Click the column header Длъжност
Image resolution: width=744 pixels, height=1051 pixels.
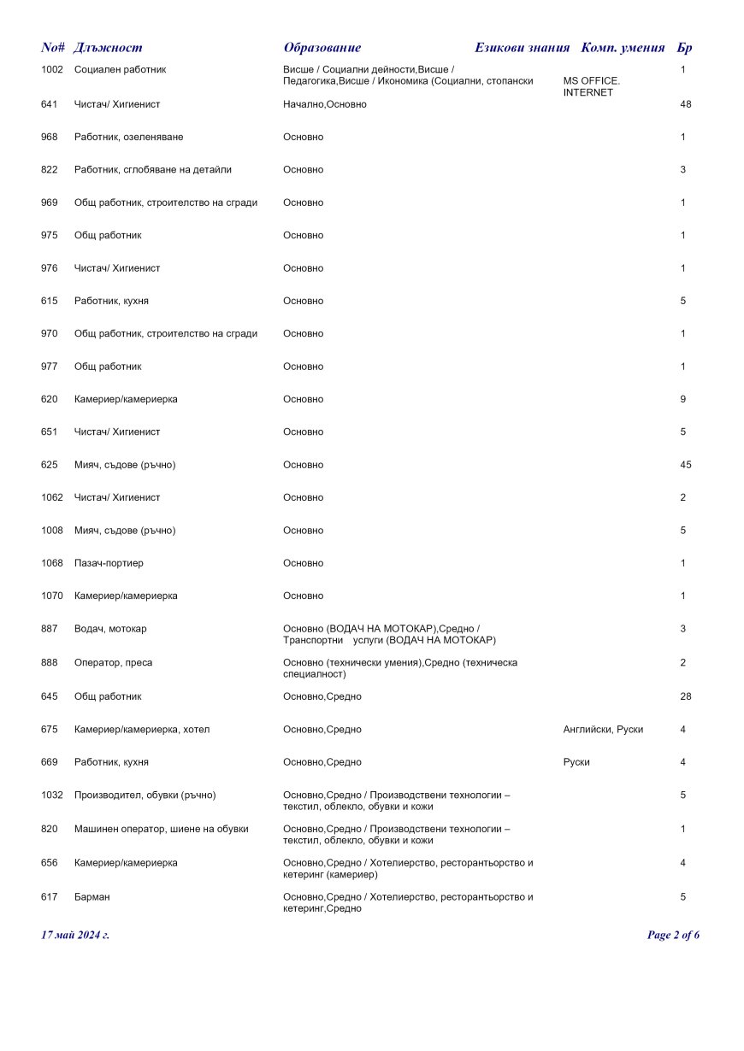(x=108, y=48)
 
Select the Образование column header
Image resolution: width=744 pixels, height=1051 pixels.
(x=322, y=48)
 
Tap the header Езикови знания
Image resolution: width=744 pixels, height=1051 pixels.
(x=522, y=48)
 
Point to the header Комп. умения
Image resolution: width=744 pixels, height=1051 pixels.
(x=623, y=48)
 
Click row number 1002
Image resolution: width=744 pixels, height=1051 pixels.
(x=52, y=69)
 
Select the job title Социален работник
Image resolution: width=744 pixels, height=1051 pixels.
(x=120, y=69)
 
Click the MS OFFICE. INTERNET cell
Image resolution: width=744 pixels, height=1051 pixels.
(x=591, y=86)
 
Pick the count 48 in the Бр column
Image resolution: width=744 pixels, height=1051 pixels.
(x=685, y=104)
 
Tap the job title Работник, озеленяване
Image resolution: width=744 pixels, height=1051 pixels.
(x=128, y=137)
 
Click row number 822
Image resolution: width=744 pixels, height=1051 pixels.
(x=49, y=170)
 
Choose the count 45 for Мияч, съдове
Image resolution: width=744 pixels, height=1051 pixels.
(x=685, y=465)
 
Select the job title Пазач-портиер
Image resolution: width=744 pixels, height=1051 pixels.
(x=109, y=563)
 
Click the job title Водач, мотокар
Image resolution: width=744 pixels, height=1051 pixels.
(x=110, y=629)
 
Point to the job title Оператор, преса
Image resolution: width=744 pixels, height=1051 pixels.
(x=114, y=662)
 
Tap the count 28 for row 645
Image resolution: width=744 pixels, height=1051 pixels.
(x=685, y=696)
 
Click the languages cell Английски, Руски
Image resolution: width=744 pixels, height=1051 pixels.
(x=603, y=730)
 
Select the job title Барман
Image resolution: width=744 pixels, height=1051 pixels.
(x=92, y=897)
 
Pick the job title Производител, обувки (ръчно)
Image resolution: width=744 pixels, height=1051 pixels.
(x=145, y=795)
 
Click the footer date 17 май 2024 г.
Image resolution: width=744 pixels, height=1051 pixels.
(x=75, y=935)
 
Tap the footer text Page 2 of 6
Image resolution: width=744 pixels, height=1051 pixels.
(x=673, y=935)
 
